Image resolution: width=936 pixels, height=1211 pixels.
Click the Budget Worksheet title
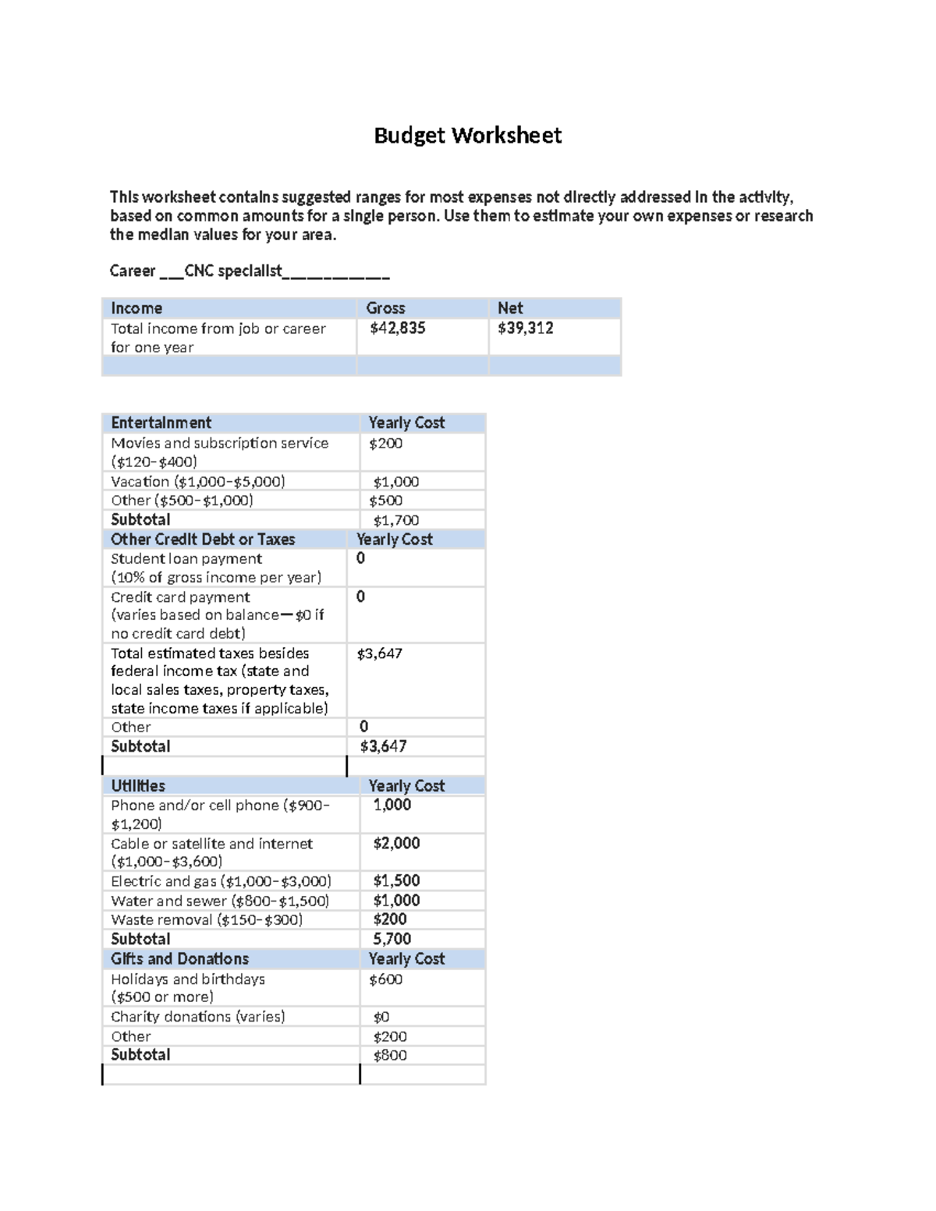click(x=467, y=136)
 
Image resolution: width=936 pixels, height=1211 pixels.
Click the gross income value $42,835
click(x=397, y=328)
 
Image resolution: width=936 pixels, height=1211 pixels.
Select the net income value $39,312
click(x=525, y=328)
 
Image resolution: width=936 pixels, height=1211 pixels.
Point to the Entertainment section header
click(x=161, y=423)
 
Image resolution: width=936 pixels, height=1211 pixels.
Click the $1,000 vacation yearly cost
click(x=395, y=482)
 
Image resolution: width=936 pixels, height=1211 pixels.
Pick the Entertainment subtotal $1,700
click(x=395, y=520)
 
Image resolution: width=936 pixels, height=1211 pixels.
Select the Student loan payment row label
click(x=186, y=558)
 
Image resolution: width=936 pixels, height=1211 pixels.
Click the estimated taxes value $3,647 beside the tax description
click(x=379, y=653)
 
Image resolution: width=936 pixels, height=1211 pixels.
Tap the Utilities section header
click(x=138, y=786)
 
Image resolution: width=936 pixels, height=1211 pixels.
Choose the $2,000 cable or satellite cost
click(x=396, y=843)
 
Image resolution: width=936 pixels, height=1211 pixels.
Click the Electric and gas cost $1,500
click(x=396, y=881)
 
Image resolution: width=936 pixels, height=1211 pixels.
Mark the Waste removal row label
click(x=207, y=920)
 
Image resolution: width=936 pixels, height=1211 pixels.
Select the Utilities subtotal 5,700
click(x=392, y=939)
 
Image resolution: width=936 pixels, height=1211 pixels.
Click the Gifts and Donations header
click(x=179, y=959)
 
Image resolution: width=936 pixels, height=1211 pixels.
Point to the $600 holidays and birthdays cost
click(x=385, y=979)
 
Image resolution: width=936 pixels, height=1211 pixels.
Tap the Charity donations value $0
click(x=381, y=1017)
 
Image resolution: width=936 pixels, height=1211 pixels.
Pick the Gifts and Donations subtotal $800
click(x=389, y=1055)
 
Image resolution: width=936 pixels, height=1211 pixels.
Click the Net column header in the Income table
click(x=510, y=308)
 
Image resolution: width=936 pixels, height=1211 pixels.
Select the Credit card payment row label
click(x=180, y=597)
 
